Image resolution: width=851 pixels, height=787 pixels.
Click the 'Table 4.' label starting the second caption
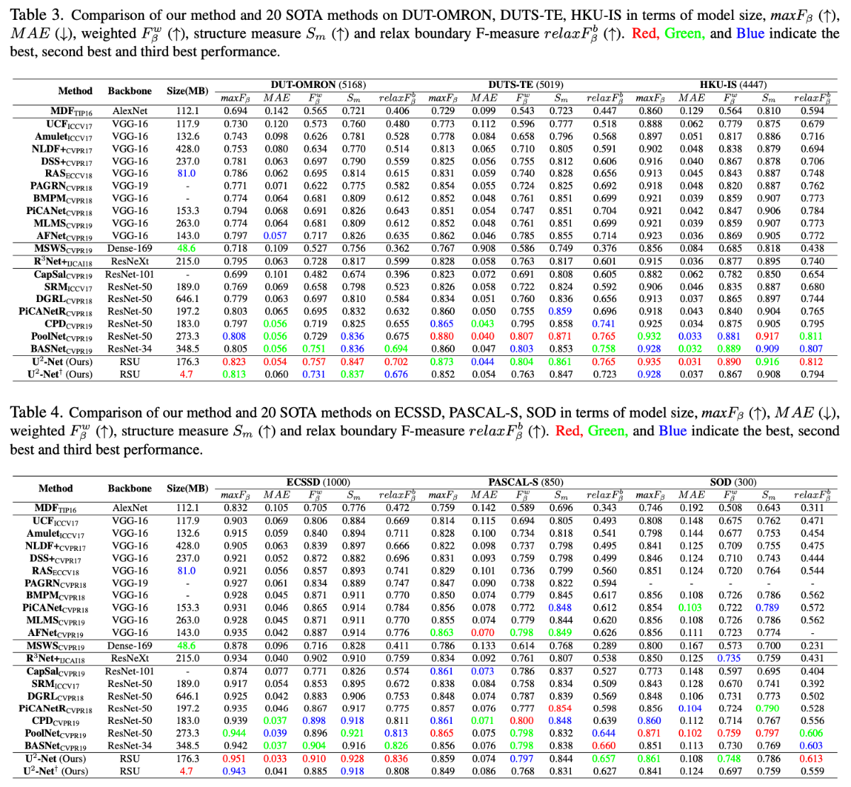coord(36,412)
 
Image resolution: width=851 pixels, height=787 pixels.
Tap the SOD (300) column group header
coord(733,482)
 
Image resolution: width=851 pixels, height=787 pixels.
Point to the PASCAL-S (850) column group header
coord(525,482)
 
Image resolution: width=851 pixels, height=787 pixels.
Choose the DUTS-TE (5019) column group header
coord(525,84)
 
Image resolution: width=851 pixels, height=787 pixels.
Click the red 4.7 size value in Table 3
coord(187,374)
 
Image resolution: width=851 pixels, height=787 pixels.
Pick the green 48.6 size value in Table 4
coord(187,645)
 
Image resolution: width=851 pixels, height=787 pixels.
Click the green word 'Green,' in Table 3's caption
coord(685,33)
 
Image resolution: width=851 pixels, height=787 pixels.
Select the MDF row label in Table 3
coord(71,111)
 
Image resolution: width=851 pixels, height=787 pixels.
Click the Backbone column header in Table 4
coord(129,489)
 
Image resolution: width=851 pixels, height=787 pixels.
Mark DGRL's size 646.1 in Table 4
coord(187,696)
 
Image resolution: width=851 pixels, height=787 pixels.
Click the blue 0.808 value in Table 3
coord(235,336)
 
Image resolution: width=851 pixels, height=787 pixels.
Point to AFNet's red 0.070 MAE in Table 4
coord(482,632)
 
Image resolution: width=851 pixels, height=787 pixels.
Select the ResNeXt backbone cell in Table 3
coord(130,261)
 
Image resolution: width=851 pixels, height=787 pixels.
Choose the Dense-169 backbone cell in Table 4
coord(129,645)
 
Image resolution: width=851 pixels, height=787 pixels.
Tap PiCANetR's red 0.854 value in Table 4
coord(560,708)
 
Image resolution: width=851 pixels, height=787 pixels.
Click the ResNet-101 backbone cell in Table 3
coord(129,274)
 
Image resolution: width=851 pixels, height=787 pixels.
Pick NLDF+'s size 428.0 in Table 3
coord(187,149)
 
